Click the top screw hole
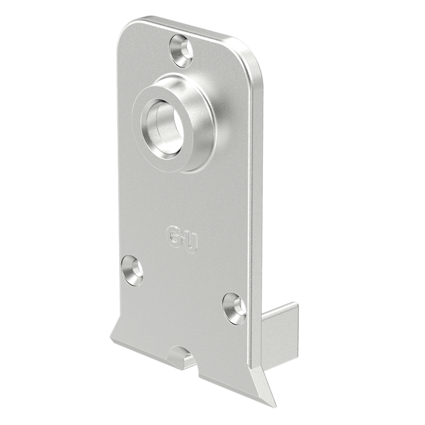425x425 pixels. (x=181, y=50)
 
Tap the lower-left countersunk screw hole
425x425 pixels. (x=132, y=270)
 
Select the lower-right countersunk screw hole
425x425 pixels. (x=234, y=309)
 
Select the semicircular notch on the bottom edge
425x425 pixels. (x=179, y=355)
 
